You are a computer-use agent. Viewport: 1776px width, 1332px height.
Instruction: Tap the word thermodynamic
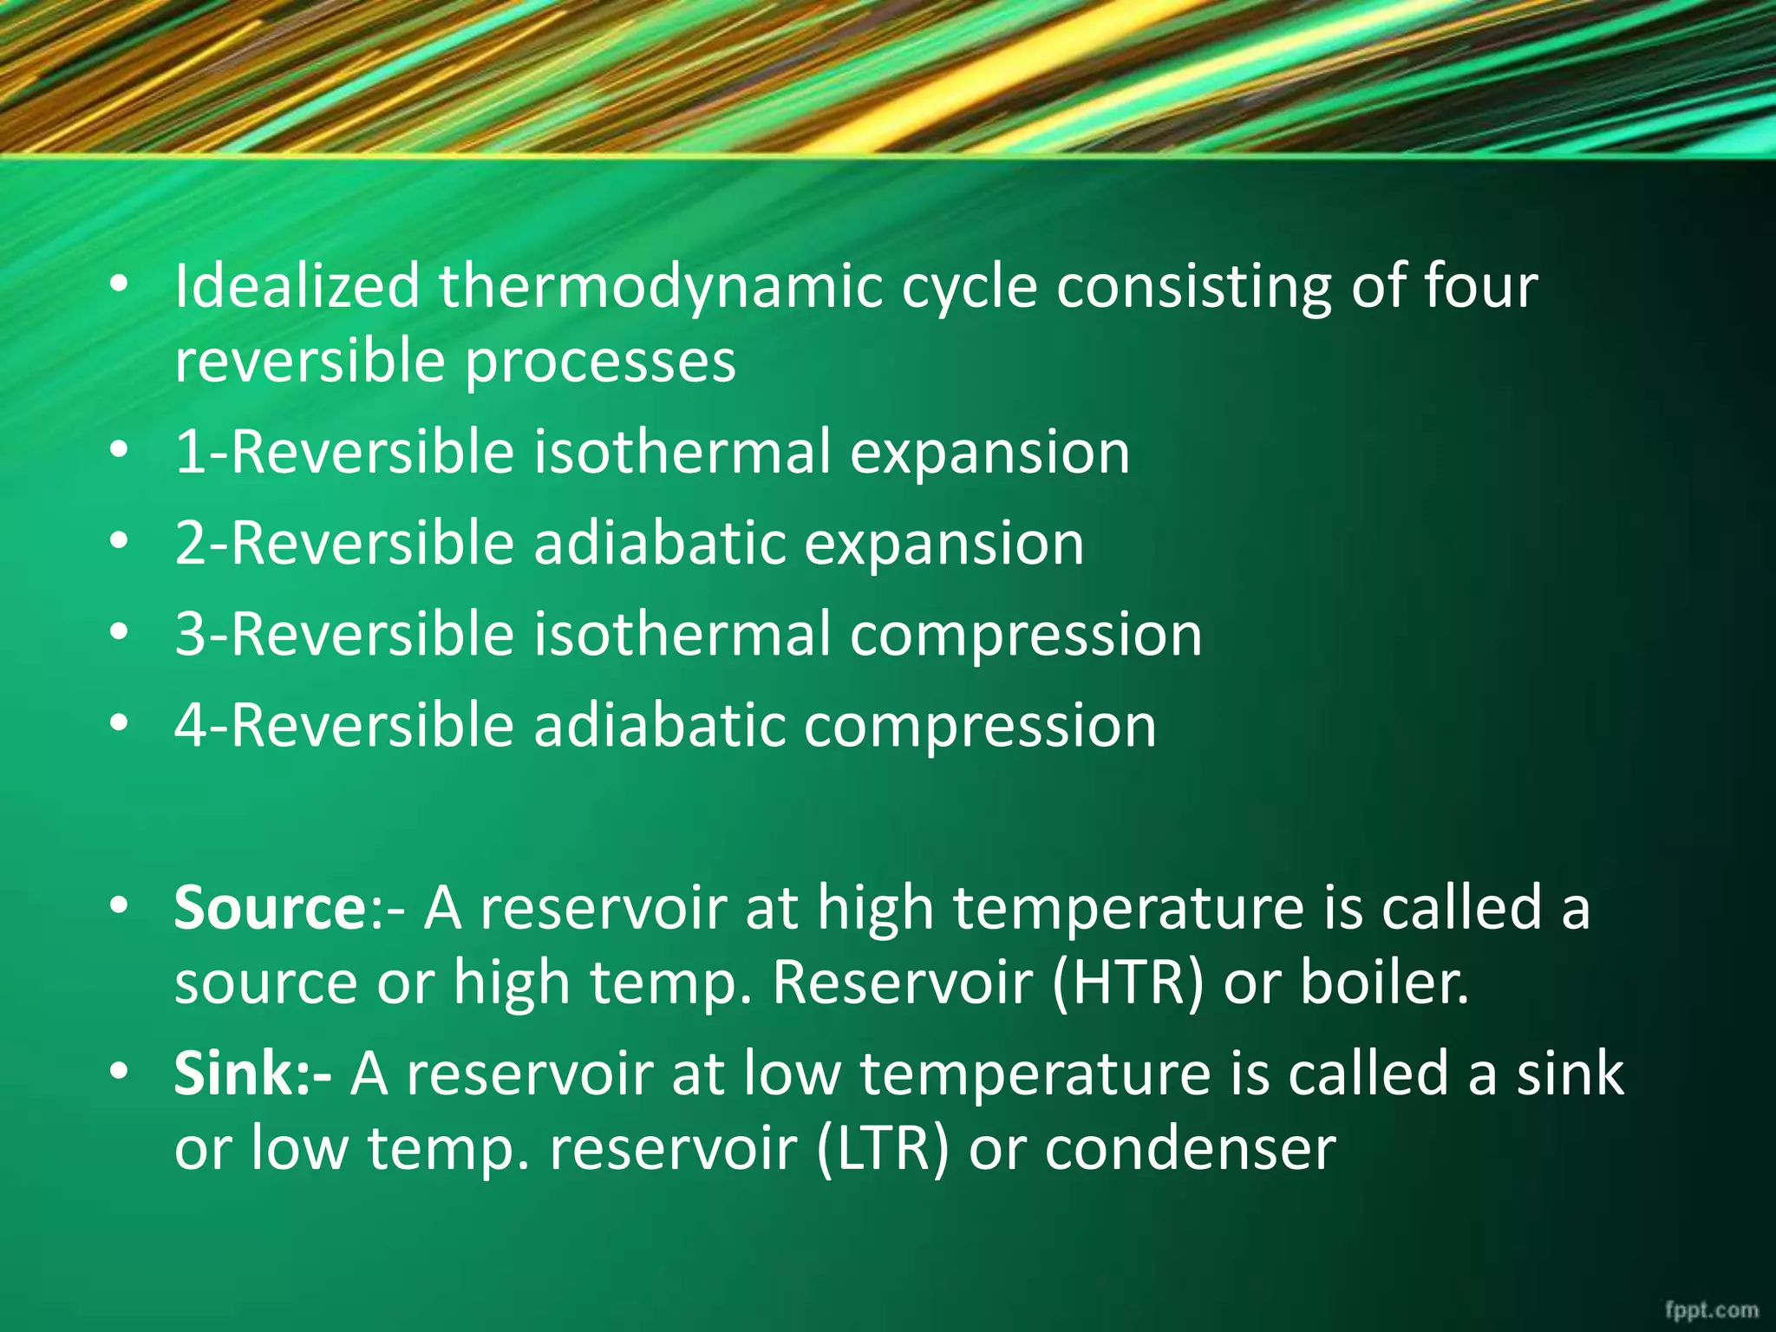click(659, 288)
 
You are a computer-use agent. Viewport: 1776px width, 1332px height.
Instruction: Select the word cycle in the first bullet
click(969, 288)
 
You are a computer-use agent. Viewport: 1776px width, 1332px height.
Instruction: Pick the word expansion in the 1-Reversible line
click(989, 454)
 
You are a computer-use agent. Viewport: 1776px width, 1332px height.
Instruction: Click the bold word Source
click(271, 908)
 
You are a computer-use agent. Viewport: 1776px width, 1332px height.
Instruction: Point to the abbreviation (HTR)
click(1127, 983)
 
